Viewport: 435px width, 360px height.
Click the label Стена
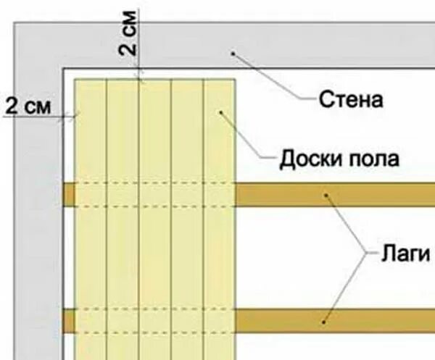pos(351,99)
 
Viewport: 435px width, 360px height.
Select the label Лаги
pos(406,255)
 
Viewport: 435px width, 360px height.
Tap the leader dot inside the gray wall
pos(233,52)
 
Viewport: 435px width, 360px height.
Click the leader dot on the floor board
pos(223,112)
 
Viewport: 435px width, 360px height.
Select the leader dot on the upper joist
pos(327,194)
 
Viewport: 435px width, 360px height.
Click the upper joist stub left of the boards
pos(69,194)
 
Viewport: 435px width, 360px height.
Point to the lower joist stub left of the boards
pos(69,320)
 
